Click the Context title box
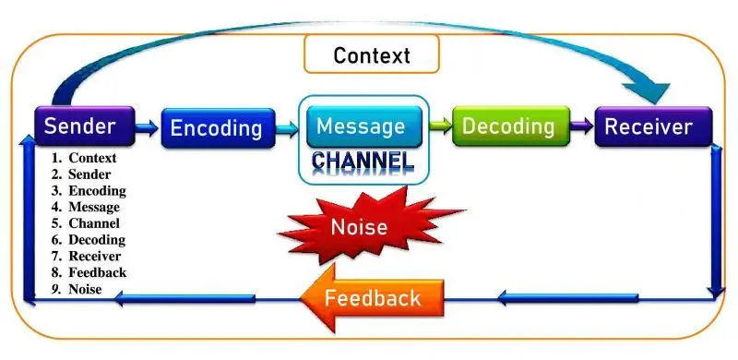click(372, 55)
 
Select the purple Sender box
click(80, 126)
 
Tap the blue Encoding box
click(218, 128)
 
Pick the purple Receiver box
click(654, 126)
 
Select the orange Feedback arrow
click(372, 297)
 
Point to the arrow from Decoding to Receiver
click(579, 125)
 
